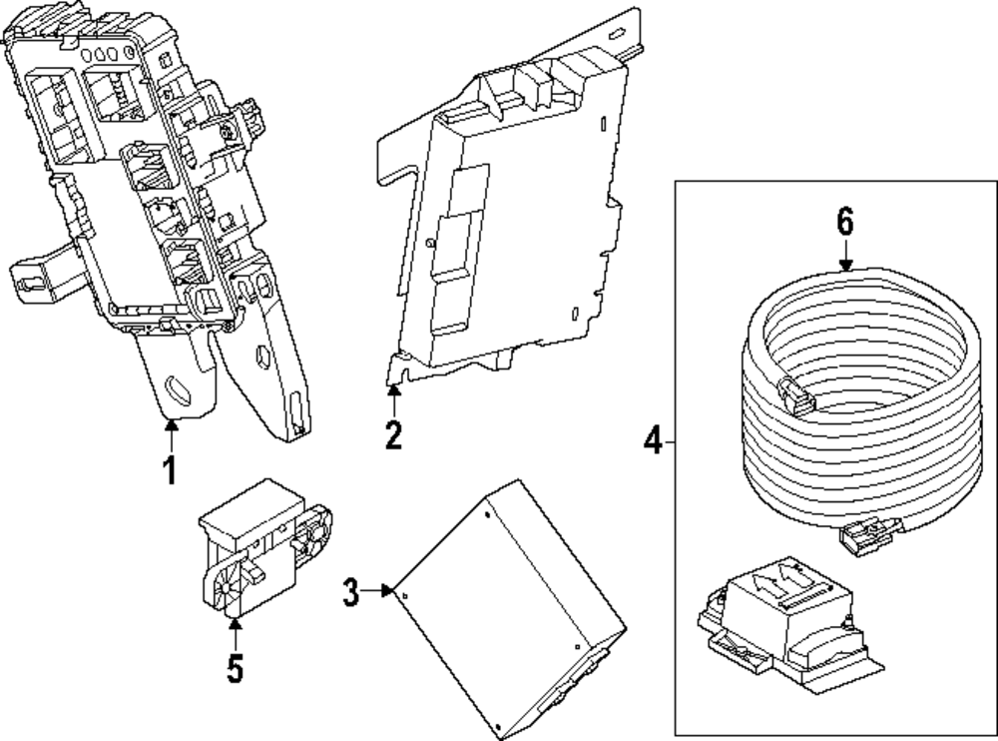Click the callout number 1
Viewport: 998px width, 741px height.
pyautogui.click(x=170, y=467)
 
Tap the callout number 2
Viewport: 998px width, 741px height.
pyautogui.click(x=394, y=434)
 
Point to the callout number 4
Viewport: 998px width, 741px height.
pyautogui.click(x=652, y=440)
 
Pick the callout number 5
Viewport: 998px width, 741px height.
pyautogui.click(x=235, y=667)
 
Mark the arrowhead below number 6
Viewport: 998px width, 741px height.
pyautogui.click(x=846, y=264)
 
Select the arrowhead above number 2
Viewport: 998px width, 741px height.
pyautogui.click(x=394, y=392)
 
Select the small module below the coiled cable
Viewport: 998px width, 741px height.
pyautogui.click(x=783, y=625)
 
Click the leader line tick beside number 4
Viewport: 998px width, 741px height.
pyautogui.click(x=670, y=440)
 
